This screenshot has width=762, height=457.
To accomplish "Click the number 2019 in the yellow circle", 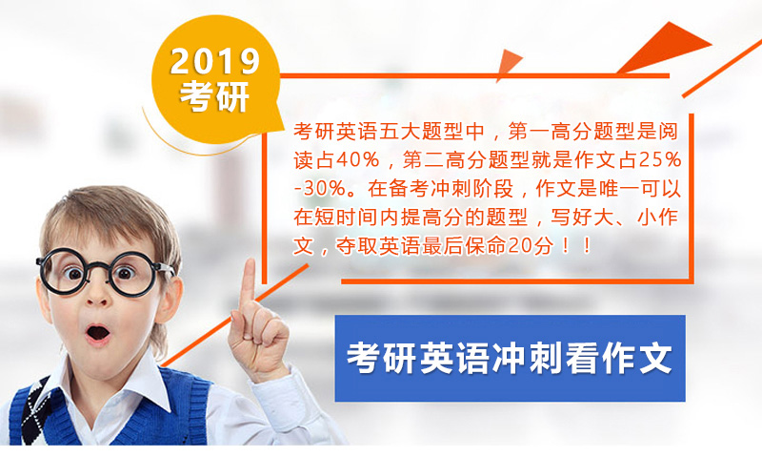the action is point(215,61).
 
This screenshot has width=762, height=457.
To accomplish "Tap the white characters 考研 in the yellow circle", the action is point(215,95).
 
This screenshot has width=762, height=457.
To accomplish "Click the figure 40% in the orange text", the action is point(357,159).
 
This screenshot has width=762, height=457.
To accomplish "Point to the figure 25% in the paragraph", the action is point(660,159).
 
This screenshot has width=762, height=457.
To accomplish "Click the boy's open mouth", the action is point(98,334).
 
